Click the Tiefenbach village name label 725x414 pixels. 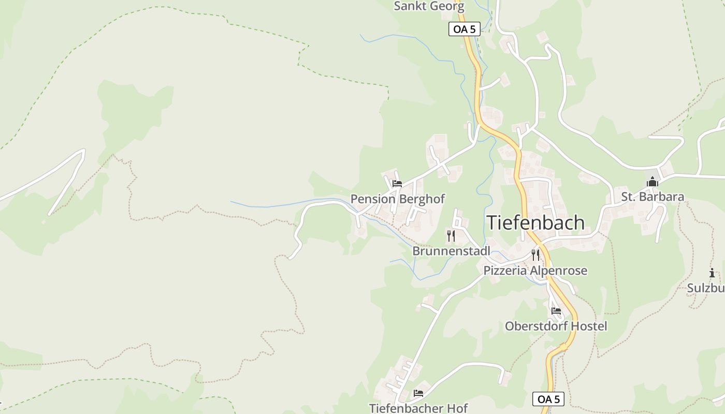click(535, 223)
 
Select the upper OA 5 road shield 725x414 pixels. click(464, 29)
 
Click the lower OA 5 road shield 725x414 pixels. click(548, 399)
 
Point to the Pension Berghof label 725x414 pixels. click(397, 199)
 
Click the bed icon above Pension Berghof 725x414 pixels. click(397, 184)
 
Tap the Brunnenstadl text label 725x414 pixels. click(451, 251)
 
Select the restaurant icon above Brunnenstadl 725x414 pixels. click(451, 236)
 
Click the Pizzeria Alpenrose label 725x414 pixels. click(535, 270)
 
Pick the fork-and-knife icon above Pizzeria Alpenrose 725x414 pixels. click(535, 255)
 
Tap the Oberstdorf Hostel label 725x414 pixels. click(556, 326)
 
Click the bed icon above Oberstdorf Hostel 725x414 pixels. click(556, 311)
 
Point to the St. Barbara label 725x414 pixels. click(653, 197)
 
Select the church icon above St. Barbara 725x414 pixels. click(653, 182)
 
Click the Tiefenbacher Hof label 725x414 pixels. click(418, 408)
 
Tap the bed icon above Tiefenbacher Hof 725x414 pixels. click(418, 393)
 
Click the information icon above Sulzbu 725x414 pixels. click(712, 273)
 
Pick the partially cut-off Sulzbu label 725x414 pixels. click(706, 288)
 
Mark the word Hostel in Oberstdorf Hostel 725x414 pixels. click(587, 326)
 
